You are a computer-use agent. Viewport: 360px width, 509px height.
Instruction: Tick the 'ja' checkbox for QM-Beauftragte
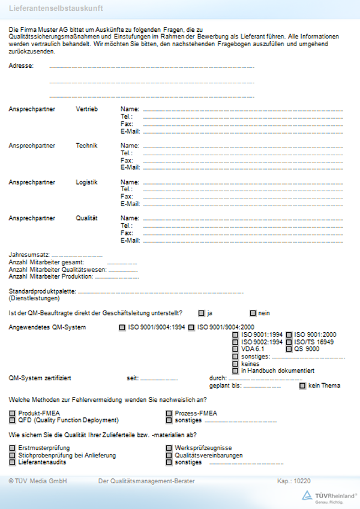point(201,313)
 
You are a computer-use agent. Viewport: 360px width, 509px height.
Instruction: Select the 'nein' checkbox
point(253,313)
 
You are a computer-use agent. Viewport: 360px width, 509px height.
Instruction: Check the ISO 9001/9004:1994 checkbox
point(122,327)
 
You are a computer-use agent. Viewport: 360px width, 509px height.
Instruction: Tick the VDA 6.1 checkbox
point(235,349)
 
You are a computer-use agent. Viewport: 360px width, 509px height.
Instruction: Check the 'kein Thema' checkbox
point(302,385)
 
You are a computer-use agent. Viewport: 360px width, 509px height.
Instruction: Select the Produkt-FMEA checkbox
point(12,413)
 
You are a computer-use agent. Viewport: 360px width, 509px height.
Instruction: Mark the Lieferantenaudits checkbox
point(12,463)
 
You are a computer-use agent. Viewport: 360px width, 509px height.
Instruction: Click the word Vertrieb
point(86,109)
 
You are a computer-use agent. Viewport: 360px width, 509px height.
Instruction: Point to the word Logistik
point(86,182)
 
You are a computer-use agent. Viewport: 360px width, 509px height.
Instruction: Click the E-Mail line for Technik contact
point(243,168)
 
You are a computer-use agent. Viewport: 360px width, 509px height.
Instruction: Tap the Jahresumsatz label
point(29,255)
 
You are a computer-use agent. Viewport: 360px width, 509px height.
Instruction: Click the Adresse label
point(21,65)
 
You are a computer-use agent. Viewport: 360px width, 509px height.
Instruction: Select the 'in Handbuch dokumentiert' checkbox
point(235,371)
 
